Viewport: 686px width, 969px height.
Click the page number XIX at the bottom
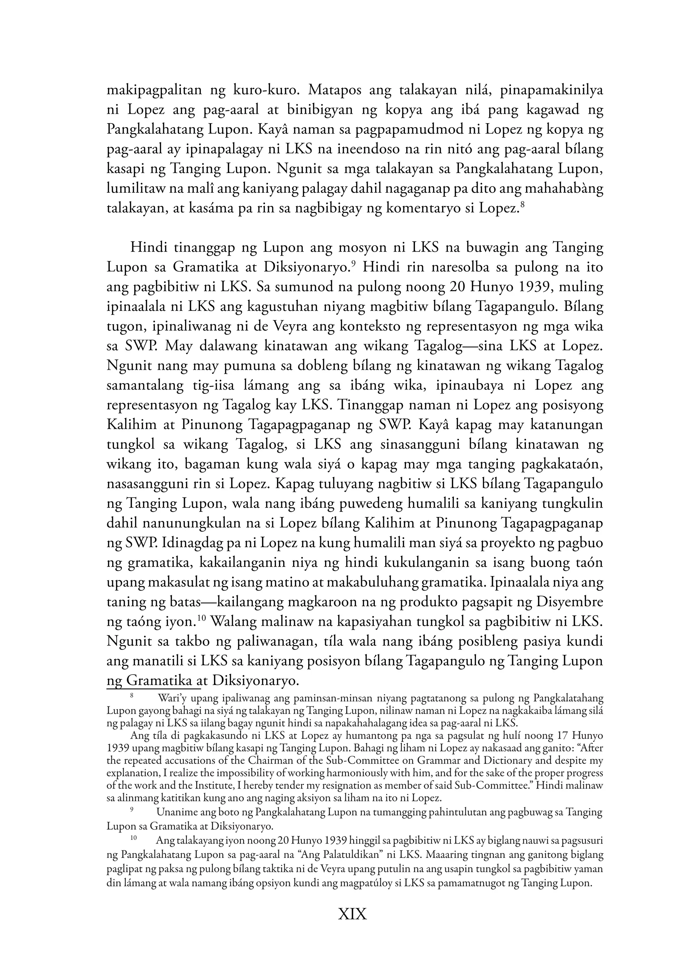click(352, 914)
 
